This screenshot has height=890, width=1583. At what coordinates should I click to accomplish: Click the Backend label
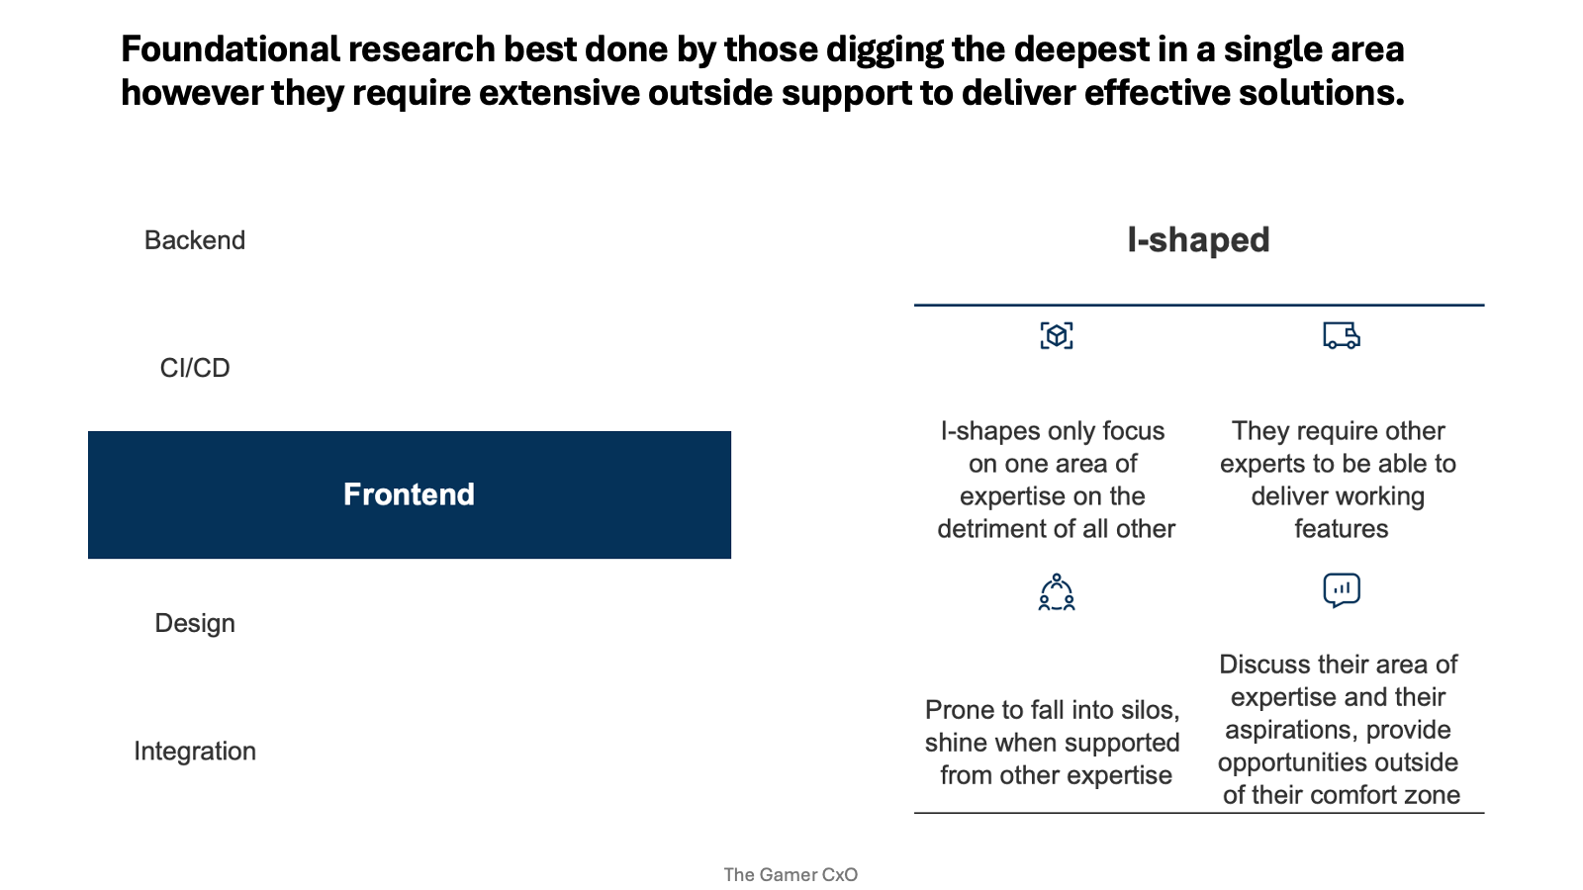tap(195, 240)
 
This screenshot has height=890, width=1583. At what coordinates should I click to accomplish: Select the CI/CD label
tap(195, 368)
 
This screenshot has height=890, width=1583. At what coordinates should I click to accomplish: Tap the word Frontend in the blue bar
tap(410, 494)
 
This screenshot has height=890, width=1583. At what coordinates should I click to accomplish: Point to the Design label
tap(195, 624)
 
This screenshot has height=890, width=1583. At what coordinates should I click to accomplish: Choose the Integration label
tap(195, 752)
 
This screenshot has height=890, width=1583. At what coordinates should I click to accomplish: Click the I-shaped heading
tap(1198, 240)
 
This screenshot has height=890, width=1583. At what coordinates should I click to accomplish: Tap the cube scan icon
tap(1057, 335)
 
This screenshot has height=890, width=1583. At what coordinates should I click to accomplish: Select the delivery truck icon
tap(1342, 335)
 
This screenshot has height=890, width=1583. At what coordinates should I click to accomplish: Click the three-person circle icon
tap(1057, 592)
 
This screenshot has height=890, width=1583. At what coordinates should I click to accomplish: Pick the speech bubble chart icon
tap(1342, 590)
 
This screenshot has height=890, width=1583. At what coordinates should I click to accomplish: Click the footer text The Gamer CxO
tap(791, 874)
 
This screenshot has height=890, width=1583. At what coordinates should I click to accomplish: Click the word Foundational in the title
tap(231, 49)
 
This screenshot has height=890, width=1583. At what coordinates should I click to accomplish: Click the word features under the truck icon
tap(1342, 529)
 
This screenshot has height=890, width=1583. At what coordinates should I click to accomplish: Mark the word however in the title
tap(192, 93)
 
